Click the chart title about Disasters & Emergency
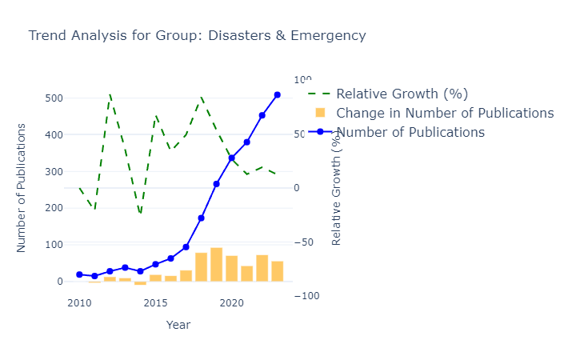tap(197, 35)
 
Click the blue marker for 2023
tap(278, 94)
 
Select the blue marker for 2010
tap(79, 274)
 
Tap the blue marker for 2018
tap(202, 218)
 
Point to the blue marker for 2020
tap(232, 158)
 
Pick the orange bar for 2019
tap(217, 265)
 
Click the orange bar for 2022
tap(262, 268)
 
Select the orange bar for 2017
tap(186, 276)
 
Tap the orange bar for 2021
tap(247, 274)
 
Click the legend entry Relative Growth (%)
tap(402, 94)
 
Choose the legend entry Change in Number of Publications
tap(445, 113)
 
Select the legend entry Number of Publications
tap(410, 132)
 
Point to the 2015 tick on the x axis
tap(156, 303)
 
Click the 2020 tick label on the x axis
tap(232, 303)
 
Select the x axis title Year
tap(178, 325)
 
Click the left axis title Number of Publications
tap(22, 188)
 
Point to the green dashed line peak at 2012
tap(110, 94)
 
